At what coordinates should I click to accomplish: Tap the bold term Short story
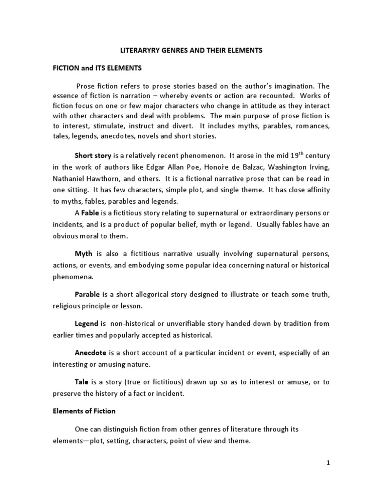click(93, 156)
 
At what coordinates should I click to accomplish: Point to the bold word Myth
click(83, 254)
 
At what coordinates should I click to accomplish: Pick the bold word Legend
click(86, 323)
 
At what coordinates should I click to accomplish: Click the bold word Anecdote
click(90, 353)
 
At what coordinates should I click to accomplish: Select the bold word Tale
click(81, 382)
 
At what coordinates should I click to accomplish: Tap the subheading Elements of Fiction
click(84, 411)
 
